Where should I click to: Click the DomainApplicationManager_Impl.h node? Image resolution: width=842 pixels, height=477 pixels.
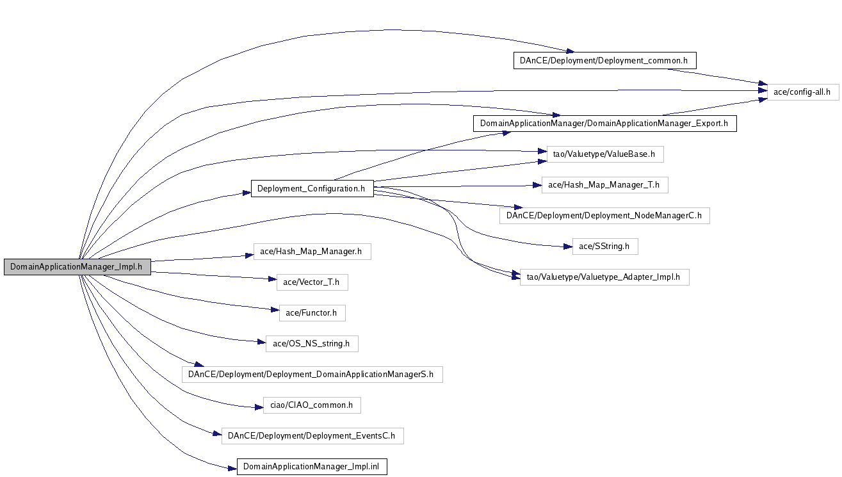[x=77, y=267]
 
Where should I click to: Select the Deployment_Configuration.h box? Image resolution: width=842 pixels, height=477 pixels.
[x=312, y=188]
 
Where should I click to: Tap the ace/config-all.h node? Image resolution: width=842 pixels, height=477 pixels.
[x=803, y=92]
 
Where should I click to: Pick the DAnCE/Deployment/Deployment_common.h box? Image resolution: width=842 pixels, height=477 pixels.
[x=605, y=61]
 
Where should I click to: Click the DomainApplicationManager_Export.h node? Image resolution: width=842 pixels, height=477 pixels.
[x=605, y=124]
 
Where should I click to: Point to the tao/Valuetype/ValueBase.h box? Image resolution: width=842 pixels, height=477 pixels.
[x=605, y=154]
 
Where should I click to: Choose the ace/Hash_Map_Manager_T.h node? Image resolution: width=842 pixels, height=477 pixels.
[x=605, y=185]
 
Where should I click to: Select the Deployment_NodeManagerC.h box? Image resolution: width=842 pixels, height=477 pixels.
[x=604, y=216]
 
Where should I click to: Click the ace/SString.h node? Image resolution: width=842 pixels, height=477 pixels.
[x=605, y=247]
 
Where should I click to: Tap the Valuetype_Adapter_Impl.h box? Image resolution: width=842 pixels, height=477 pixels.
[x=604, y=277]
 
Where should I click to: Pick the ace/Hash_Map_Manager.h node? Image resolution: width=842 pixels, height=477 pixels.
[x=312, y=252]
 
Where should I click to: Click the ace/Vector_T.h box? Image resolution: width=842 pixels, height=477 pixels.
[x=312, y=282]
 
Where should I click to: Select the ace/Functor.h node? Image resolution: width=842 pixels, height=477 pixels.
[x=312, y=313]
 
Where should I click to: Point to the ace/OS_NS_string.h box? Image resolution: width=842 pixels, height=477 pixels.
[x=312, y=344]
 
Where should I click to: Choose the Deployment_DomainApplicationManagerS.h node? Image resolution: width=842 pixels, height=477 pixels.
[x=312, y=375]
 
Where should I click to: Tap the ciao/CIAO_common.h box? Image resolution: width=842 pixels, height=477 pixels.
[x=312, y=405]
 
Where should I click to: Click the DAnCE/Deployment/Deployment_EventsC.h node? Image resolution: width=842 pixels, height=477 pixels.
[x=312, y=436]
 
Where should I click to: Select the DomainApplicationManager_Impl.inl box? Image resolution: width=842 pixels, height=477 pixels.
[x=312, y=467]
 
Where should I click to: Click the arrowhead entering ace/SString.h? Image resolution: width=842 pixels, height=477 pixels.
[x=568, y=247]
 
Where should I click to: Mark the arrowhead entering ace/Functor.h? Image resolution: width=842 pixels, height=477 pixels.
[x=275, y=310]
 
